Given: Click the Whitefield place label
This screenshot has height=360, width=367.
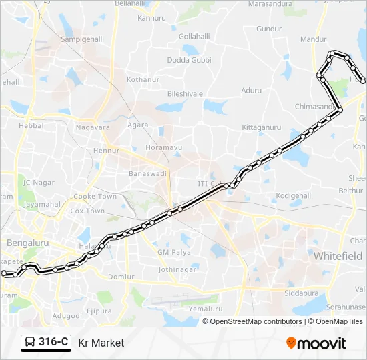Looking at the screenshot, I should tap(338, 256).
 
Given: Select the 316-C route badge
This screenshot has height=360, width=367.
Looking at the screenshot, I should tap(46, 343).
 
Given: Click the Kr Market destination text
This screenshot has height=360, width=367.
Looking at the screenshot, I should tap(101, 343).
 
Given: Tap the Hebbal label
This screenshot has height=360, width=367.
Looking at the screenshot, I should tap(31, 125).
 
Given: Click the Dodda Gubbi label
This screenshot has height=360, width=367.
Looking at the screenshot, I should tap(189, 60).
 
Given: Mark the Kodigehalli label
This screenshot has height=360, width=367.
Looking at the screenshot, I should tap(294, 195).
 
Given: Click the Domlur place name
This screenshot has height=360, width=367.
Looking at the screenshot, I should tap(121, 276).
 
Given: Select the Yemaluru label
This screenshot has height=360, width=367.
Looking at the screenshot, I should tap(206, 309).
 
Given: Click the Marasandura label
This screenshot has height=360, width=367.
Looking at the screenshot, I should tap(271, 3).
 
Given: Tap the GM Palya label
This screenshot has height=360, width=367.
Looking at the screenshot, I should tap(174, 252).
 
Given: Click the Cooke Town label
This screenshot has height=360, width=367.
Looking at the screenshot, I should tap(95, 197).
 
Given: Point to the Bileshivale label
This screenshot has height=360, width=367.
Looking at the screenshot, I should tap(185, 94).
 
